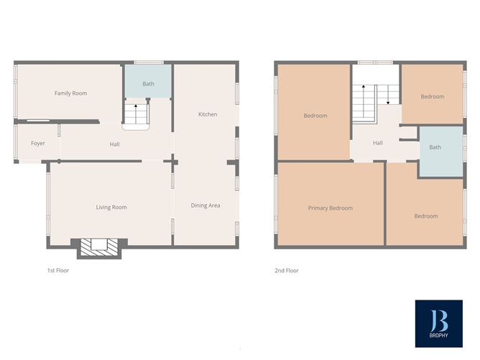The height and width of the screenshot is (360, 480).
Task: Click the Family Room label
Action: (x=70, y=93)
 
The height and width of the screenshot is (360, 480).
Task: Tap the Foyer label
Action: (x=38, y=144)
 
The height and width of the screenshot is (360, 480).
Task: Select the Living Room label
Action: (x=111, y=208)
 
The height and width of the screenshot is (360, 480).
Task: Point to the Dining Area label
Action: (x=206, y=206)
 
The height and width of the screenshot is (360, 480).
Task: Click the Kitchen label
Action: (x=208, y=115)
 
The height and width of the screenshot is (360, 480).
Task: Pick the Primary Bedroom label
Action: (x=331, y=208)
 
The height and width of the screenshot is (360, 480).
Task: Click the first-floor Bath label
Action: (x=148, y=84)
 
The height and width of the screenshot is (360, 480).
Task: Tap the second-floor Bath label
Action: (x=435, y=148)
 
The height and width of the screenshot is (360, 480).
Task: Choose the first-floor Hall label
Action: (x=114, y=144)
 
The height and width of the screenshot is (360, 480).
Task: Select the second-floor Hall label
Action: (x=378, y=143)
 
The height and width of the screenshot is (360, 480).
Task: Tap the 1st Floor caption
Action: (x=58, y=271)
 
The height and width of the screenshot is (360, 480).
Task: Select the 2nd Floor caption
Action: (x=287, y=271)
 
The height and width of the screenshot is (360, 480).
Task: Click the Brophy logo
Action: (x=438, y=320)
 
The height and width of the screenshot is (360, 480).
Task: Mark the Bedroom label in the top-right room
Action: (x=433, y=97)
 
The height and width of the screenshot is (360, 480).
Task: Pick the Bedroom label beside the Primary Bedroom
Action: (x=425, y=216)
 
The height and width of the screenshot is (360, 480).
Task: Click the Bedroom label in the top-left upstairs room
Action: (x=315, y=116)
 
